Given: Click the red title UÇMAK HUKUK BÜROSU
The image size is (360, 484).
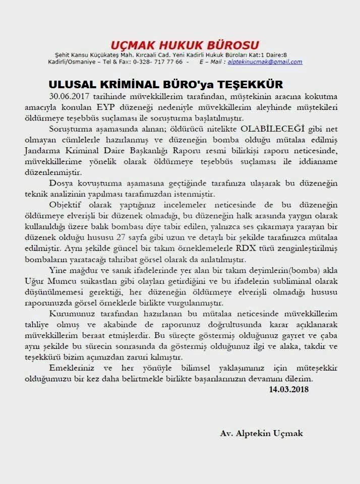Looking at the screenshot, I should coord(186,44).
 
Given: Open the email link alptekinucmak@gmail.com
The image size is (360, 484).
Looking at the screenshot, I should coord(265,62).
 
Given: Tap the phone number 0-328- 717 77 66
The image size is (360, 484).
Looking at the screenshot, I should coord(158,62).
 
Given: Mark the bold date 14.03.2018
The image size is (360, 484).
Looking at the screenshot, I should coord(288,389).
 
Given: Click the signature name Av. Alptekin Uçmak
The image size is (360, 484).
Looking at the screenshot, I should coord(261,433).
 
